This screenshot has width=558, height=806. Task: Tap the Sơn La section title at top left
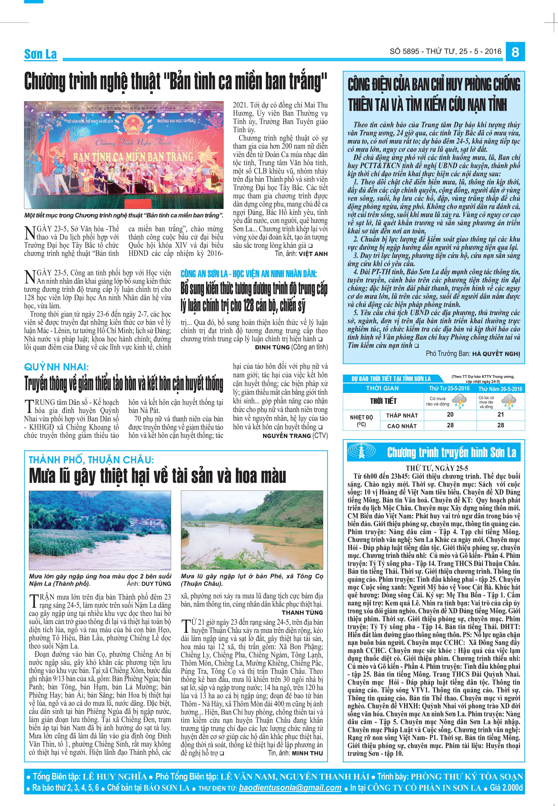(41, 54)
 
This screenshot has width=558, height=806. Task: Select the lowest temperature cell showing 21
(501, 414)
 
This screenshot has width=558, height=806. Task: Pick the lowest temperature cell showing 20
(450, 414)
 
